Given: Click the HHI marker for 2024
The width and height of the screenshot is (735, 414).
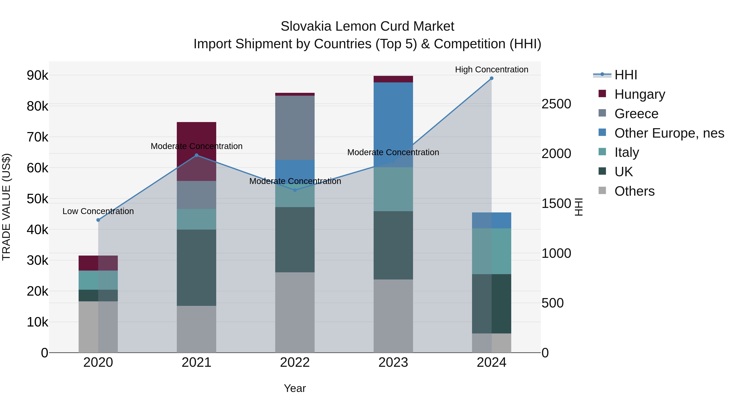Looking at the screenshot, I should pos(491,78).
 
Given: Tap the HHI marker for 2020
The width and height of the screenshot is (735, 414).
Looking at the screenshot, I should pos(98,220).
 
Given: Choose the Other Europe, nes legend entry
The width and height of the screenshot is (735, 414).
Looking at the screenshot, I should pos(669,133).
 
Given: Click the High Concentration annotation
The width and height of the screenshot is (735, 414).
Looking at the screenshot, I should pos(491,70).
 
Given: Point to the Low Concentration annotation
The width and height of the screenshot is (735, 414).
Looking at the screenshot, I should pos(98,211).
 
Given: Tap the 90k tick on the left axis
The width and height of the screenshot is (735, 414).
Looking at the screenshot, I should pos(38,75).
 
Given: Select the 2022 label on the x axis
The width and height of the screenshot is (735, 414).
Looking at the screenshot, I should pos(295,362).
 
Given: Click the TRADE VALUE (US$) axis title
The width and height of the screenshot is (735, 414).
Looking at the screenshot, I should pos(6,207).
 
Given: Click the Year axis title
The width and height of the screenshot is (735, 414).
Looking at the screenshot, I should pos(295,388).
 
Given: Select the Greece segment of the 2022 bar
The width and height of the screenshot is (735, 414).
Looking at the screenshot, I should pos(295,128).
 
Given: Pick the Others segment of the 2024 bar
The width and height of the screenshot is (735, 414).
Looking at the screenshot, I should pos(491,343).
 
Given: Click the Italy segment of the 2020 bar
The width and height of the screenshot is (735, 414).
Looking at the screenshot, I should pos(98,280).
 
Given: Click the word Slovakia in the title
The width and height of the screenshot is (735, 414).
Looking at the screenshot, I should pos(306,26).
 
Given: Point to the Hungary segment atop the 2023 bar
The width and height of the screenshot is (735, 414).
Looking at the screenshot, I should pos(393,79).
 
